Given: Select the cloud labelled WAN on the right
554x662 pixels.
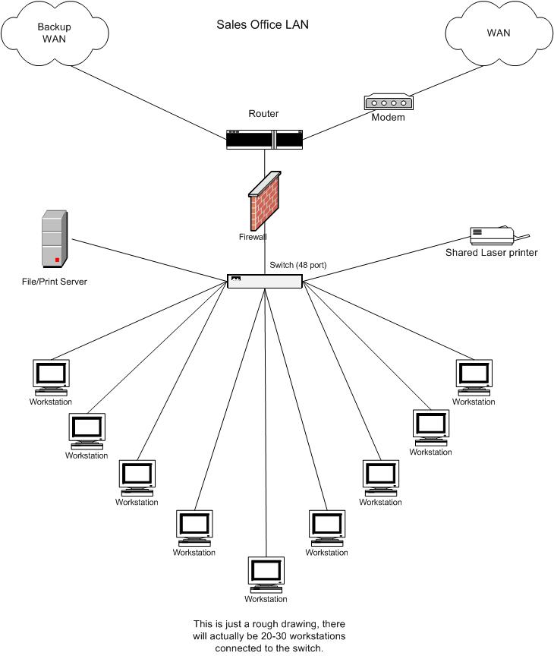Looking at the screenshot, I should click(499, 34).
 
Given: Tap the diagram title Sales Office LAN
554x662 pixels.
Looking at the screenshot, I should click(263, 24).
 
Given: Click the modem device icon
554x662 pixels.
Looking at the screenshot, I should click(388, 102).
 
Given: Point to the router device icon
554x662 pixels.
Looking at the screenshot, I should click(264, 139).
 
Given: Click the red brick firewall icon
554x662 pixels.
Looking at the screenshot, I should click(266, 199).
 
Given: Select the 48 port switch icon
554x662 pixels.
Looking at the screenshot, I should click(265, 281).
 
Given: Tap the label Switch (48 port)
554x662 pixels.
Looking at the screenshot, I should click(297, 265).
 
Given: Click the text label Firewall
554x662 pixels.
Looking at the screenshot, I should click(253, 237).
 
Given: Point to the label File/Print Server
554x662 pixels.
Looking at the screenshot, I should click(54, 282).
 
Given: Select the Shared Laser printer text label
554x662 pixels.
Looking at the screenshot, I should click(492, 253).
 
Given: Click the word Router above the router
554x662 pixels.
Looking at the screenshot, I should click(263, 114).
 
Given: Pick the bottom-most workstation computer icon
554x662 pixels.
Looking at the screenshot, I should click(266, 575).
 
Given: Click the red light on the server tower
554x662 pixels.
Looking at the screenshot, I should click(56, 260).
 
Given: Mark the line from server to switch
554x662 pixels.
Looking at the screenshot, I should click(148, 259).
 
